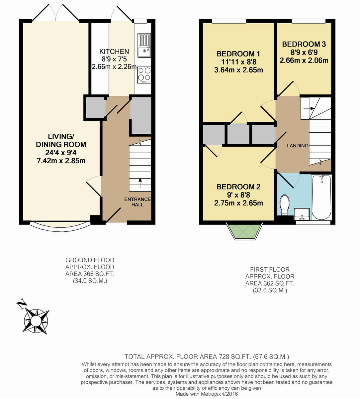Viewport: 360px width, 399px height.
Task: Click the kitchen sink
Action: coord(144,45)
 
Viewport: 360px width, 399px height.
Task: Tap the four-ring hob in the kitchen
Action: coord(144,74)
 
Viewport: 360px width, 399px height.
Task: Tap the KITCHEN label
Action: coord(114,52)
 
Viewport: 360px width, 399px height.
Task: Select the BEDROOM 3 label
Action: coord(304,44)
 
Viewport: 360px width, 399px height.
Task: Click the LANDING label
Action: coord(298,146)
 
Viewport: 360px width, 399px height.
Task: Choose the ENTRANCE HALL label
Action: coord(137,202)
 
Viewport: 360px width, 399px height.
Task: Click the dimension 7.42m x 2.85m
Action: coord(61,161)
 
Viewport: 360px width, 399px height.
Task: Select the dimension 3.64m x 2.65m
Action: coord(238,70)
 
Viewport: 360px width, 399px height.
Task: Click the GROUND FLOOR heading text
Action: coord(90,260)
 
